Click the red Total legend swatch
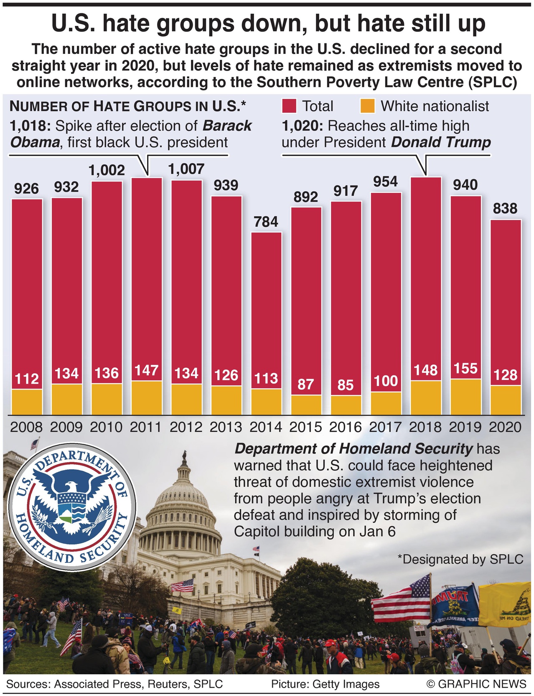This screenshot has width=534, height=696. coord(289,106)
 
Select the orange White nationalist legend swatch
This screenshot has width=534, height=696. coord(367,106)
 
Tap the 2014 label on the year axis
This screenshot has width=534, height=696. coord(266,427)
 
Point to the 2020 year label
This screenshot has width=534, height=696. coord(505,427)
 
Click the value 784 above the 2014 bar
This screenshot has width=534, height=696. coord(266,221)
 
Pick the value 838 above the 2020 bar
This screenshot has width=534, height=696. coord(505,208)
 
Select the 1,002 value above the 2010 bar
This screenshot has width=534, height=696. coord(107,170)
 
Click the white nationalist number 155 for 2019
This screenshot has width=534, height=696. coord(465,368)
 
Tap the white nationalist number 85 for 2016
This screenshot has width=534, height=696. coord(346,385)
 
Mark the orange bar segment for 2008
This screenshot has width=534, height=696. coord(27,402)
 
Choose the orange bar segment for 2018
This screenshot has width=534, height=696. coord(425,397)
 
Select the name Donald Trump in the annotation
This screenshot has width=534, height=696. coord(440,142)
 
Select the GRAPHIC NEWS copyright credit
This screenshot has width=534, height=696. coord(476,684)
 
